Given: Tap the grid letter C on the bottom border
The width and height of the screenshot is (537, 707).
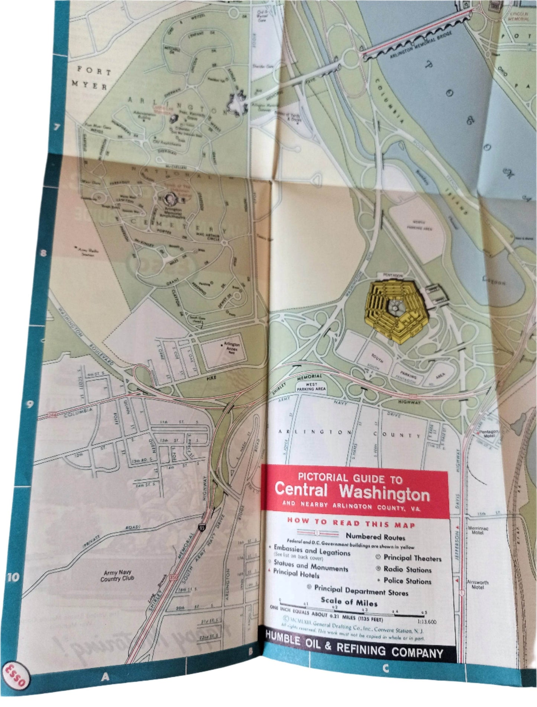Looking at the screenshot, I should (x=386, y=668).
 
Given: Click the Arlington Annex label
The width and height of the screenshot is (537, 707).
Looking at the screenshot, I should (x=232, y=347).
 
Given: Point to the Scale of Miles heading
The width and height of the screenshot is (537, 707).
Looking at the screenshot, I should (x=349, y=602).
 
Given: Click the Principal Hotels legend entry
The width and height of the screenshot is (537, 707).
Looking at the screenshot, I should (x=296, y=574).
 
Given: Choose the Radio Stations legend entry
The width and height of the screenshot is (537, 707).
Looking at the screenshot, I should (x=407, y=569).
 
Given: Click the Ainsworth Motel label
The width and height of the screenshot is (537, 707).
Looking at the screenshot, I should (x=478, y=584).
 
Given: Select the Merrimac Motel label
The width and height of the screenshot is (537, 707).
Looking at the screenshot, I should (x=478, y=530).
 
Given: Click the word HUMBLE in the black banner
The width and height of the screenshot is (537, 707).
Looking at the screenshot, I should (x=282, y=639).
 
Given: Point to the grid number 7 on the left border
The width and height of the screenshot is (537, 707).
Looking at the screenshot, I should (x=56, y=127).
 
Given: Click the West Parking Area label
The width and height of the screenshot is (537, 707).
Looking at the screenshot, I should (x=311, y=387).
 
